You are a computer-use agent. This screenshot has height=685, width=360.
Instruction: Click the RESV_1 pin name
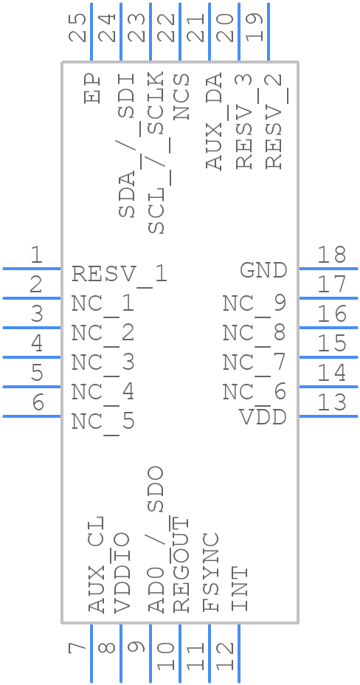(120, 275)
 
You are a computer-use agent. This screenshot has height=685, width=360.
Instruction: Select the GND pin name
(263, 270)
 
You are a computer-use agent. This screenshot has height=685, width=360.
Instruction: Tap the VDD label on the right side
(263, 417)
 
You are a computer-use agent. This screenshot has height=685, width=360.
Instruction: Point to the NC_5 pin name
(103, 421)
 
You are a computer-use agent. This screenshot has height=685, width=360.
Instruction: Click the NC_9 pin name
(254, 303)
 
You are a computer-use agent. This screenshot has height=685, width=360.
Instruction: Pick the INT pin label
(239, 589)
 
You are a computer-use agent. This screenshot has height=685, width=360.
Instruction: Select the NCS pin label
(181, 96)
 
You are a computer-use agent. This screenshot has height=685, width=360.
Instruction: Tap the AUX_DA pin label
(214, 122)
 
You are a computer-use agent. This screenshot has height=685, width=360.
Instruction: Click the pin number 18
(331, 255)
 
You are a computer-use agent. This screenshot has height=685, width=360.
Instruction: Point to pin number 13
(331, 403)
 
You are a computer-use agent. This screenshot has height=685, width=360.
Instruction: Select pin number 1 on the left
(36, 255)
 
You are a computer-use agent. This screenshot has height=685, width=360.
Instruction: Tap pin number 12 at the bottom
(226, 655)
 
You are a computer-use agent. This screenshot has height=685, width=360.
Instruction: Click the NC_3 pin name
(103, 362)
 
